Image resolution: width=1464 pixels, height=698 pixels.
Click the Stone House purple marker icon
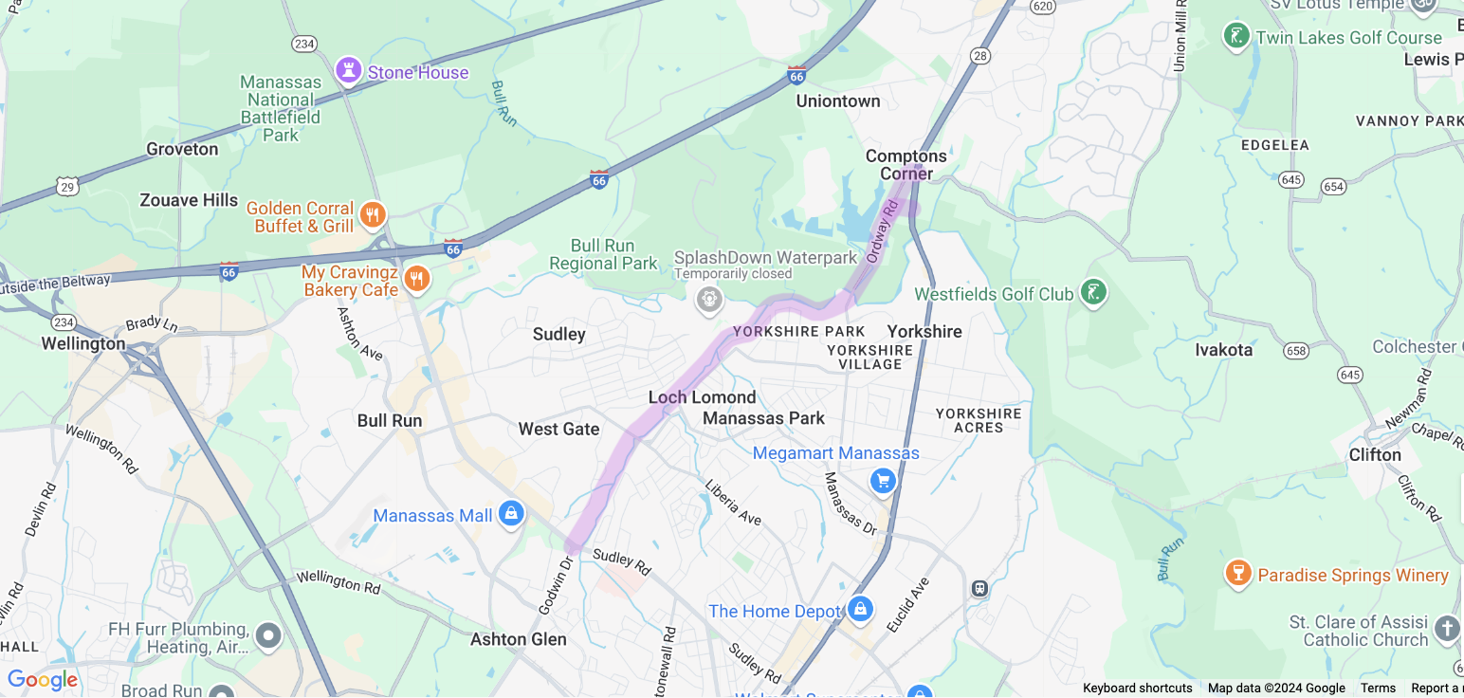[x=349, y=70]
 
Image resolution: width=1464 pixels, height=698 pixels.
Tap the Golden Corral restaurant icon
[x=373, y=215]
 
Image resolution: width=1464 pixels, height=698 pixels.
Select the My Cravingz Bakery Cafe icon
[x=416, y=279]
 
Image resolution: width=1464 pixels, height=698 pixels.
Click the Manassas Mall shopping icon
[x=511, y=514]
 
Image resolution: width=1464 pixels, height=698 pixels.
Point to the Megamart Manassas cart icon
[x=884, y=481]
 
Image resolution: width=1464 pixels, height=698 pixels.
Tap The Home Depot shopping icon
[x=860, y=609]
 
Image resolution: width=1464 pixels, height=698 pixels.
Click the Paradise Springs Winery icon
[x=1237, y=573]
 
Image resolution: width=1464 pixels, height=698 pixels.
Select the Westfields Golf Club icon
[x=1093, y=292]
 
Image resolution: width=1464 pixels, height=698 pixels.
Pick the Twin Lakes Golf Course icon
[x=1235, y=37]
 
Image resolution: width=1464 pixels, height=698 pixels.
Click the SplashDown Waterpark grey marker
[x=709, y=300]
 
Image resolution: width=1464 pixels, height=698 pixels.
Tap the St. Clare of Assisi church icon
[x=1446, y=629]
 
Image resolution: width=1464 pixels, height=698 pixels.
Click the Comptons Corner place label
[x=906, y=164]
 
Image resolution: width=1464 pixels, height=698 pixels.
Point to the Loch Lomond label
[x=702, y=397]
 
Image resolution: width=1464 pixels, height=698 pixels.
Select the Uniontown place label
[x=837, y=101]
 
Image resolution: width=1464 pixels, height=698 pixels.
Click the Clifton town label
[x=1374, y=454]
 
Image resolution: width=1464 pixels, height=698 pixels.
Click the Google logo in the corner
[x=42, y=680]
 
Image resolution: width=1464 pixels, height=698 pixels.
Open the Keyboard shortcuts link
[x=1137, y=689]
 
